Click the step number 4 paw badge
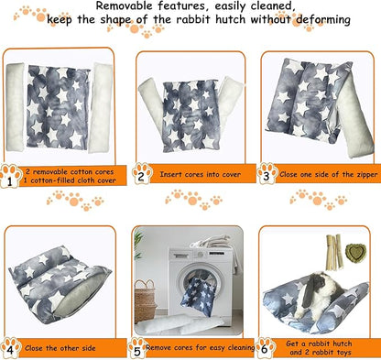[x=11, y=347]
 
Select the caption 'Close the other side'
[x=65, y=348]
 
